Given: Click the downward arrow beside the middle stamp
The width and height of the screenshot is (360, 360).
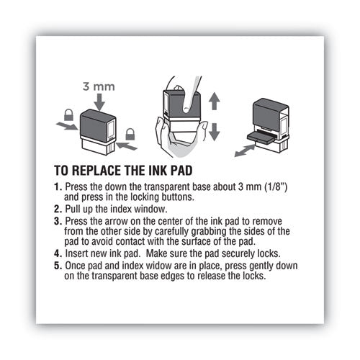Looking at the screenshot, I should [x=215, y=131].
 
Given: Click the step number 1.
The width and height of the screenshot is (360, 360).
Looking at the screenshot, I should [x=58, y=187].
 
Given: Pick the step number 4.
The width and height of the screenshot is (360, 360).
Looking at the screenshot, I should [x=58, y=253].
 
